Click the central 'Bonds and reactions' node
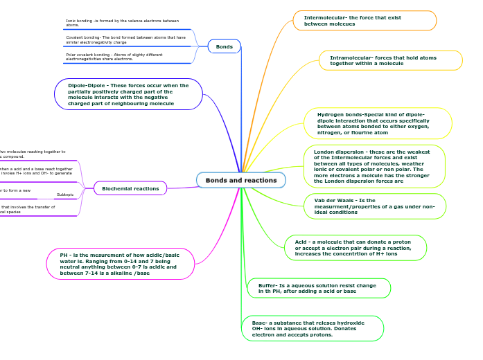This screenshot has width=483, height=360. pyautogui.click(x=241, y=180)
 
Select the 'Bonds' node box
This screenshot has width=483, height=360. pyautogui.click(x=225, y=46)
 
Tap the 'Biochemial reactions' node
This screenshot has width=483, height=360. pyautogui.click(x=130, y=188)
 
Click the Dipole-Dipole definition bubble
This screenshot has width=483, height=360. pyautogui.click(x=128, y=94)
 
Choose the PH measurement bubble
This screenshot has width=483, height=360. pyautogui.click(x=120, y=264)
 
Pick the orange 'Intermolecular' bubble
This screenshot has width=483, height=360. pyautogui.click(x=365, y=21)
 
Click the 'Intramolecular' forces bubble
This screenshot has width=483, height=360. pyautogui.click(x=390, y=60)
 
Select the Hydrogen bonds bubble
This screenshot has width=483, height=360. pyautogui.click(x=378, y=123)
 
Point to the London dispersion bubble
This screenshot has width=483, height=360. pyautogui.click(x=374, y=166)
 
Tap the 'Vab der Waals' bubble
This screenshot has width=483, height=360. pyautogui.click(x=375, y=206)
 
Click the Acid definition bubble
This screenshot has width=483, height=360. pyautogui.click(x=355, y=247)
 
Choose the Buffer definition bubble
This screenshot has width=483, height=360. pyautogui.click(x=319, y=288)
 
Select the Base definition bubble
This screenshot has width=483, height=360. pyautogui.click(x=313, y=328)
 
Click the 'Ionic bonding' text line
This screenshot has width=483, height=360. pyautogui.click(x=122, y=23)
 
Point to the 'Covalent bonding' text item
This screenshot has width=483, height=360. pyautogui.click(x=125, y=39)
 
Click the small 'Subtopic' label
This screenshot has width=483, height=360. pyautogui.click(x=65, y=195)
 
